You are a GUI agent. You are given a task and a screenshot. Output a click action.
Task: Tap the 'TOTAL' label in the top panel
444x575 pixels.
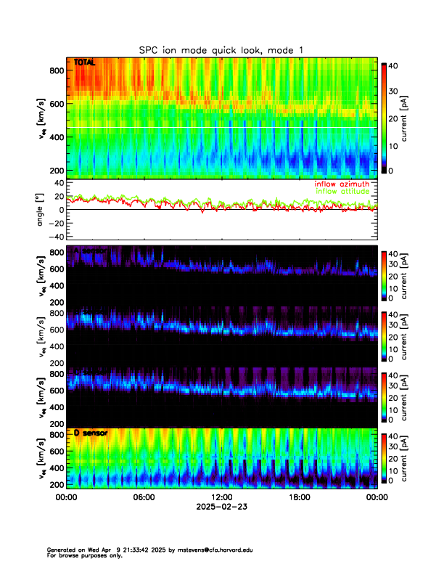(x=85, y=63)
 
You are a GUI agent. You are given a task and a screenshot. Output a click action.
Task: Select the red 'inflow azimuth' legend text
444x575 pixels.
(x=342, y=184)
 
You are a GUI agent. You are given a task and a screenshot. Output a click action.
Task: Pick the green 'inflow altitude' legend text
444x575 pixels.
(x=342, y=192)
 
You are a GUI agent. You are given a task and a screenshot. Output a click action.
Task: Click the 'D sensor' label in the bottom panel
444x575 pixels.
(x=91, y=433)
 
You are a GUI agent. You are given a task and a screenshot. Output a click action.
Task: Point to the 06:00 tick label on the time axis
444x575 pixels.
(x=144, y=498)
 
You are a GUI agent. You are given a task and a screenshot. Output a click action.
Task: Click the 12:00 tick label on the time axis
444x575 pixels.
(x=222, y=498)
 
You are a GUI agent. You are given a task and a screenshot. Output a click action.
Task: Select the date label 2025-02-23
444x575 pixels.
(x=222, y=508)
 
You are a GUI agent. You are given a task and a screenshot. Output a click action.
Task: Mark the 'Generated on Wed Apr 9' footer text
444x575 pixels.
(x=87, y=550)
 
